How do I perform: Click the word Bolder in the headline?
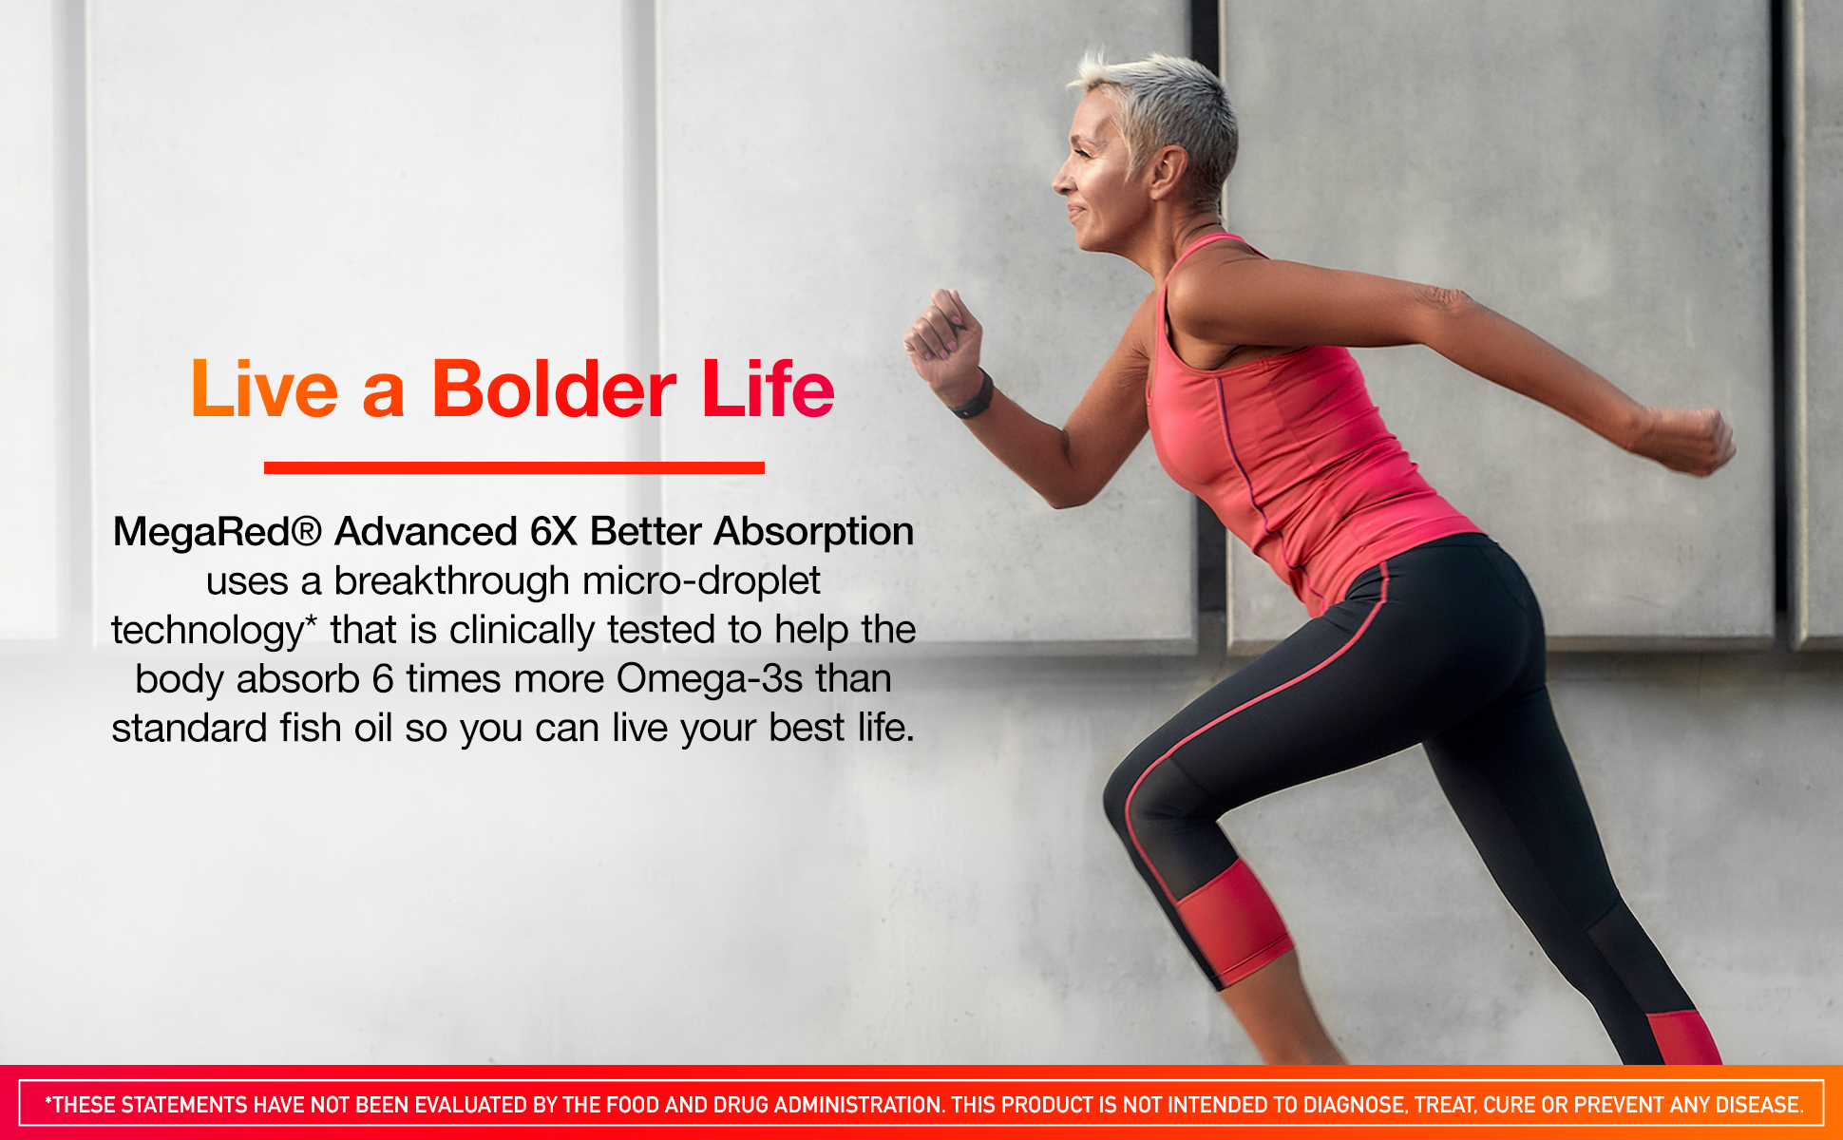pos(554,389)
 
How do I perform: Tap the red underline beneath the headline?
pos(514,467)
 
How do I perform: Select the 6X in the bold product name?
pos(553,531)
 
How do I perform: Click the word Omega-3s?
pos(710,679)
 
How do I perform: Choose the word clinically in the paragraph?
pos(522,630)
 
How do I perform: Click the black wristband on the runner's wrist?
pos(975,398)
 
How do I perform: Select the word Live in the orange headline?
pos(264,389)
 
